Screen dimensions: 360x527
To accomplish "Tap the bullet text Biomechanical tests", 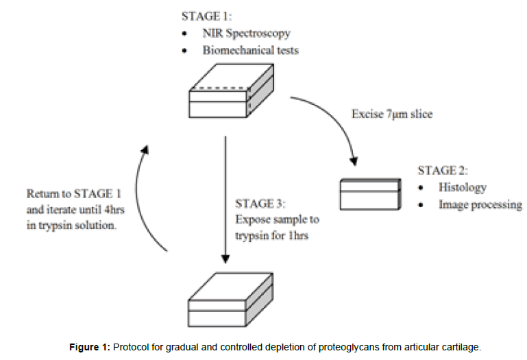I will coord(251,50).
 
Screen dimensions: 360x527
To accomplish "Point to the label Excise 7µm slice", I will coord(392,114).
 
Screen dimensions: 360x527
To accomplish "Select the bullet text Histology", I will coord(463,187).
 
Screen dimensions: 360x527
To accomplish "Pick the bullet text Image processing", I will coord(480,204).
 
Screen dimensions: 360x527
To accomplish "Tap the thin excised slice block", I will coord(369,194).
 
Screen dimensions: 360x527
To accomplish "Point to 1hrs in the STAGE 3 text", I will coord(300,237).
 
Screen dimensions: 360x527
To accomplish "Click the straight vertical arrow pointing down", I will coord(225,199).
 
